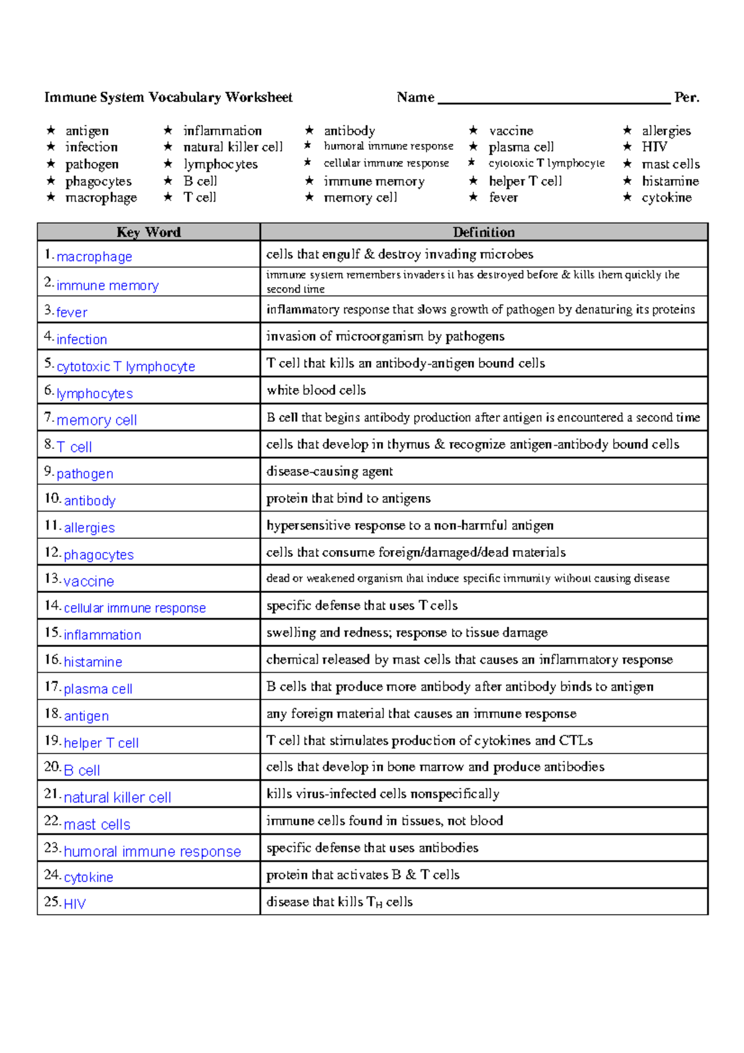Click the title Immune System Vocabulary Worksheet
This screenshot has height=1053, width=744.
point(168,97)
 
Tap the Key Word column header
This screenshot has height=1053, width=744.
point(148,232)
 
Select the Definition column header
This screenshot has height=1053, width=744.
point(484,232)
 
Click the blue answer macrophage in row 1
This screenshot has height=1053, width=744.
point(94,257)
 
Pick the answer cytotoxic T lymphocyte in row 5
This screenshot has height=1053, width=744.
point(125,367)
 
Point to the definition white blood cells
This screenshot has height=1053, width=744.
point(316,390)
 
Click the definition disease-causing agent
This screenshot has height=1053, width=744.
point(329,471)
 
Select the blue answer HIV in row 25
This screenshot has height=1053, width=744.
point(74,904)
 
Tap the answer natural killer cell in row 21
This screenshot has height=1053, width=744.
point(117,798)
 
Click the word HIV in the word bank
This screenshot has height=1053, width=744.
point(654,147)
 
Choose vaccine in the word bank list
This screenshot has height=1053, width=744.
point(511,131)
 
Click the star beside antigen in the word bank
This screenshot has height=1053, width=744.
point(51,130)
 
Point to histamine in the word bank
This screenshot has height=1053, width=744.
point(670,181)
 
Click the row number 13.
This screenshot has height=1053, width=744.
point(52,579)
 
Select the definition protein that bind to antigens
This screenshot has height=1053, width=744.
point(348,499)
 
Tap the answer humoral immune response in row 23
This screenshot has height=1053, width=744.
point(152,851)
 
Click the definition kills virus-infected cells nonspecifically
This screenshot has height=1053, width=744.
point(383,794)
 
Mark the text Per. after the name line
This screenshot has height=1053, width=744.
point(686,97)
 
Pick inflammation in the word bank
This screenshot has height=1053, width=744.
point(223,131)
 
